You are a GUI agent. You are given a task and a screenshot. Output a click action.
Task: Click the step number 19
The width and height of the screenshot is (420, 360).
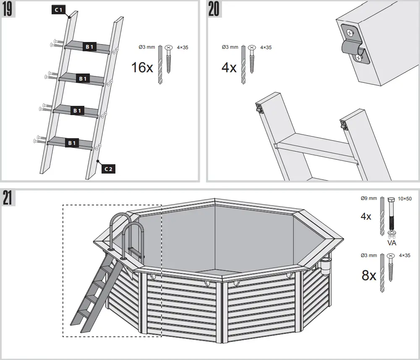point(8,9)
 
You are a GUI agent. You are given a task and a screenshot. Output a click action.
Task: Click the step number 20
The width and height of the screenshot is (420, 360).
point(214,9)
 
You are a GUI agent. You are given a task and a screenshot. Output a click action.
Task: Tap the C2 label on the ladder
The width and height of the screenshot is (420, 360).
point(108,169)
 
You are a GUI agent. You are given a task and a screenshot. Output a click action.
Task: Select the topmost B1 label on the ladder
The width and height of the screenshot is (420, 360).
point(89,47)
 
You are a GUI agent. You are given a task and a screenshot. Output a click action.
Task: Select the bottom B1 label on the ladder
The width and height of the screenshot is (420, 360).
point(72,143)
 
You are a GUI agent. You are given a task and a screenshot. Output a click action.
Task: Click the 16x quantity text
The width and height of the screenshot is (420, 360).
point(142,68)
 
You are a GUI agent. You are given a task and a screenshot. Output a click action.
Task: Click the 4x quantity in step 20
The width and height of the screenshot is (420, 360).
point(229,68)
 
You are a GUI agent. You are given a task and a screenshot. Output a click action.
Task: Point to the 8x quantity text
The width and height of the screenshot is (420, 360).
point(369,276)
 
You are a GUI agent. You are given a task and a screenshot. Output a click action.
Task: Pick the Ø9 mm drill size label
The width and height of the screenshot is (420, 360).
point(369,199)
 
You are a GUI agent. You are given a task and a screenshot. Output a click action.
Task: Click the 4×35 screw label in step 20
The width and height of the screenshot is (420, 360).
point(266,47)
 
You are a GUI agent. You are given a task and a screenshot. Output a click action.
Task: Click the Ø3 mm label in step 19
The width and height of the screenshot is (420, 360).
point(147,47)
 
